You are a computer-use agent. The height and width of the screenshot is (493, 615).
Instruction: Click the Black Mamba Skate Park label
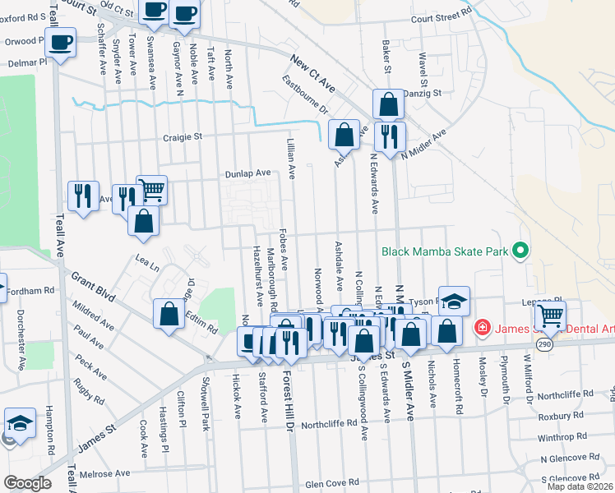[x=442, y=251]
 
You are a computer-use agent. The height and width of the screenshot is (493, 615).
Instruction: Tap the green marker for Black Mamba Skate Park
[x=520, y=251]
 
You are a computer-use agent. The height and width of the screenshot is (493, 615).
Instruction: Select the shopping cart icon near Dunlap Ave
[x=151, y=190]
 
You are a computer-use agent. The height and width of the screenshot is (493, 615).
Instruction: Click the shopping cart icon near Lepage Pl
[x=551, y=314]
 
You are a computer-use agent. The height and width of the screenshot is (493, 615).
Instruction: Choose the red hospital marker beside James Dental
[x=483, y=329]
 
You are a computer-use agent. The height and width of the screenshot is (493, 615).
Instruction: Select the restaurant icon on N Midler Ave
[x=389, y=136]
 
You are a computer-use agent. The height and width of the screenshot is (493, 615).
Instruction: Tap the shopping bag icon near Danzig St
[x=388, y=104]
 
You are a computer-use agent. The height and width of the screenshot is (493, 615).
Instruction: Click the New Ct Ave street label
[x=313, y=71]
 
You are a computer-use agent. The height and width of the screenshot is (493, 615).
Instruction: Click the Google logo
[x=27, y=483]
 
